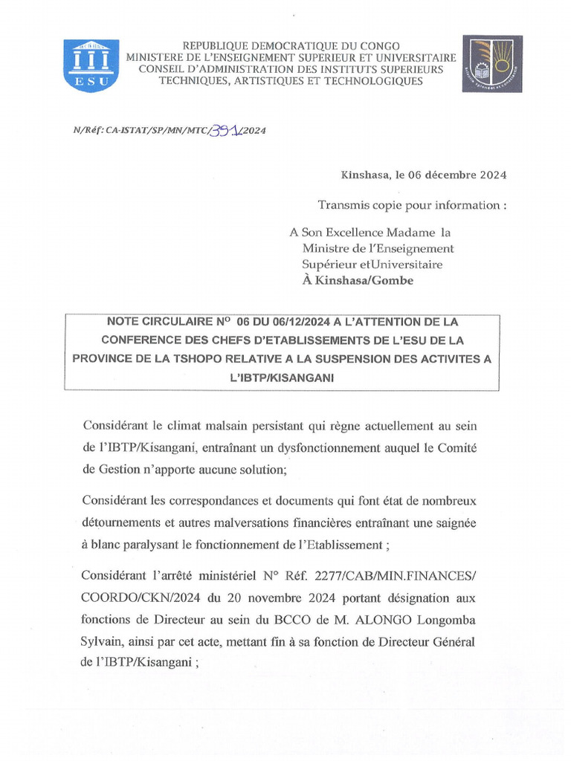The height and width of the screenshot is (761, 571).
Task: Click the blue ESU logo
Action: (91, 65)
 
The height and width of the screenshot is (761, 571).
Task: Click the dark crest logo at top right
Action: (491, 64)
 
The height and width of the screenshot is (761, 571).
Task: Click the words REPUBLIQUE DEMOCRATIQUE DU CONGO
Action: (291, 46)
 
